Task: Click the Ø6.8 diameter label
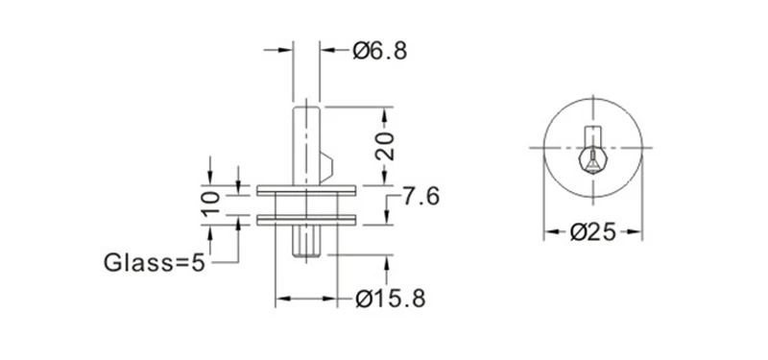(x=379, y=51)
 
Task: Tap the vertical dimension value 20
(x=385, y=146)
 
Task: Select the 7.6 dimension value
(x=420, y=197)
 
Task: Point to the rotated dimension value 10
(x=210, y=204)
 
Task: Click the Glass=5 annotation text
(x=154, y=263)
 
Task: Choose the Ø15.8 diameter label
(x=391, y=299)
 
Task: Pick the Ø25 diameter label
(x=592, y=231)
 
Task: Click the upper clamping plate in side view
(x=306, y=190)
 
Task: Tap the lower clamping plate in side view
(x=306, y=220)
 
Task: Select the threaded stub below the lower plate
(x=306, y=241)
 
